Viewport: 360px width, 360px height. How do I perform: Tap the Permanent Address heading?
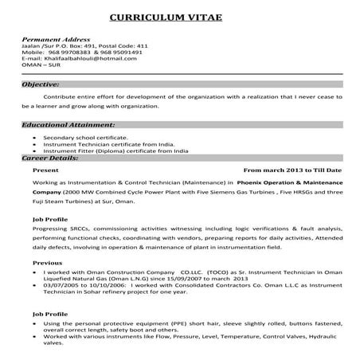(x=57, y=39)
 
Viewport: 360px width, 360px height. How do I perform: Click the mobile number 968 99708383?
(x=71, y=52)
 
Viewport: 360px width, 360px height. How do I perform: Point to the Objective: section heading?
(x=41, y=83)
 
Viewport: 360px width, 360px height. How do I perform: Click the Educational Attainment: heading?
(x=61, y=125)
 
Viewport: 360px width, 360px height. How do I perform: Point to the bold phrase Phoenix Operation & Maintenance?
(x=272, y=182)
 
